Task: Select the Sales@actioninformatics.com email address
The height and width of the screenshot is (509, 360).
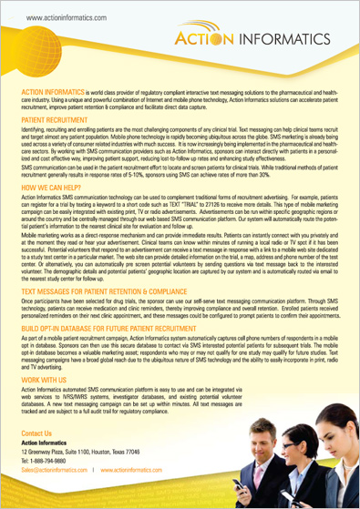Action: pyautogui.click(x=54, y=471)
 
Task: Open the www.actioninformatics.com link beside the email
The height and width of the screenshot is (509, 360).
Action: pyautogui.click(x=131, y=471)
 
